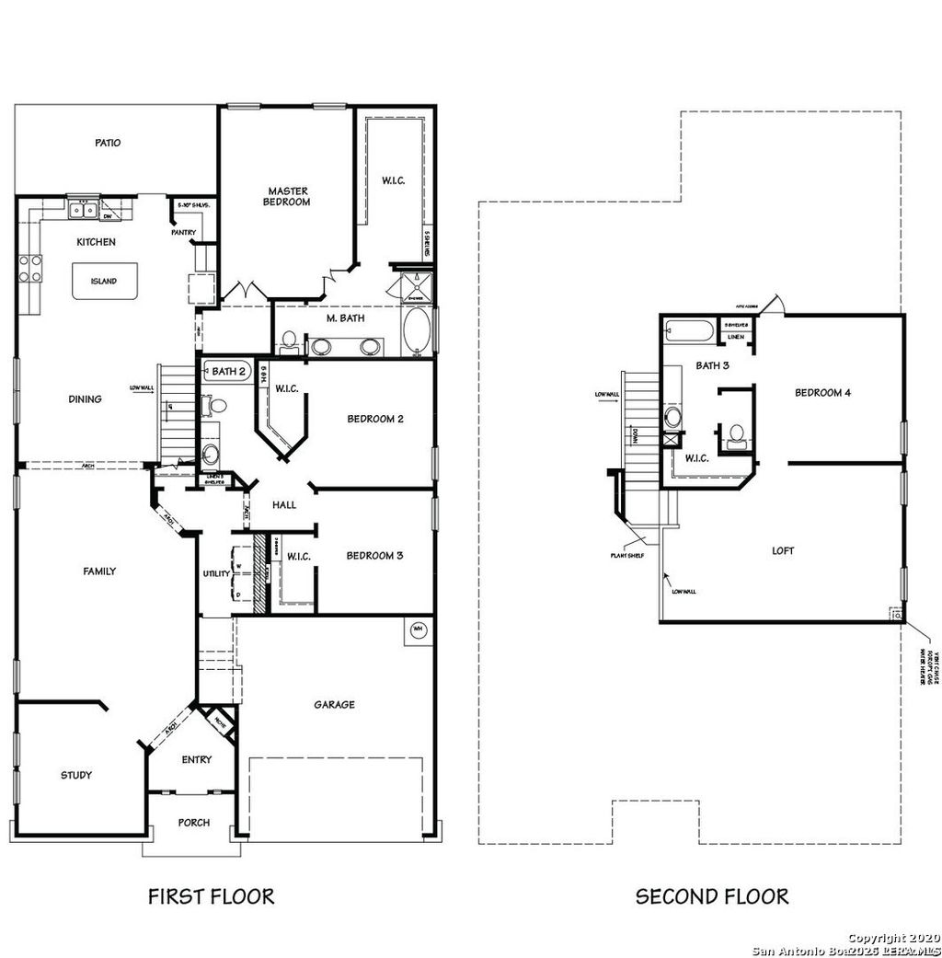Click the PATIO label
point(108,144)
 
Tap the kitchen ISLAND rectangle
point(103,282)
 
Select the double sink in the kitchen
point(83,210)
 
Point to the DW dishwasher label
point(107,217)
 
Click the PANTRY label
point(183,233)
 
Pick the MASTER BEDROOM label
point(286,196)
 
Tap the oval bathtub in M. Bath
point(416,332)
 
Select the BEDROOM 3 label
point(374,556)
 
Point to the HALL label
point(283,504)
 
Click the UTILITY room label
point(216,574)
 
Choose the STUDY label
point(76,775)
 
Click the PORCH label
point(193,823)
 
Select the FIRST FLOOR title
point(211,896)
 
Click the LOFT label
point(783,551)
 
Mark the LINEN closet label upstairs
point(735,337)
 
